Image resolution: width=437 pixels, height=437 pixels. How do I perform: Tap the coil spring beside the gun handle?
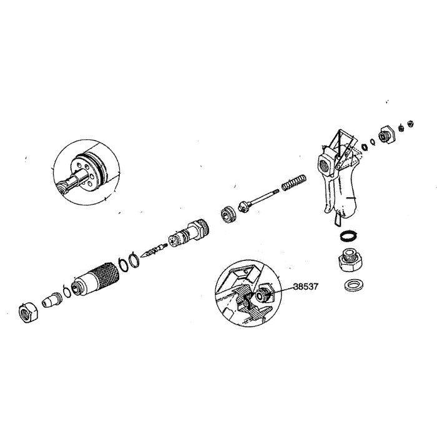[x=292, y=182]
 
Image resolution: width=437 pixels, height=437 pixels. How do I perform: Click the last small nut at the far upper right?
[x=410, y=122]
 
